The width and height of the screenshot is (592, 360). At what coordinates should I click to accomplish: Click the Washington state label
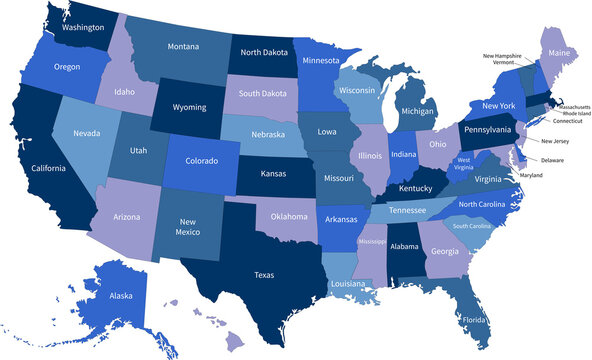pos(83,28)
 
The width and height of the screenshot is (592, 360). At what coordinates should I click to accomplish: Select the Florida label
pos(475,321)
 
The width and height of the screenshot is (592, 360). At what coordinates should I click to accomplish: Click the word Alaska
pos(120,296)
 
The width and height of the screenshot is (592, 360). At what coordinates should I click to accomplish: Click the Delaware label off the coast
pos(552,160)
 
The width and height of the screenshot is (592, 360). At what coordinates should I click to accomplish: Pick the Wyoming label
pos(188,107)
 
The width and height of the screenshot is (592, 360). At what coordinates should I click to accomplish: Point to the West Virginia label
pos(464,163)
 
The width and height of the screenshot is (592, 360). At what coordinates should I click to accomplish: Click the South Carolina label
pos(472,226)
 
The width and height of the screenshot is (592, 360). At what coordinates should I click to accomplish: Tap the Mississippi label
pos(372,242)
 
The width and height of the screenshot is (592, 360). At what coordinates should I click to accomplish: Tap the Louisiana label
pos(349,284)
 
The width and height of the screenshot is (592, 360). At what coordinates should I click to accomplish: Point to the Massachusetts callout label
pos(574,106)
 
